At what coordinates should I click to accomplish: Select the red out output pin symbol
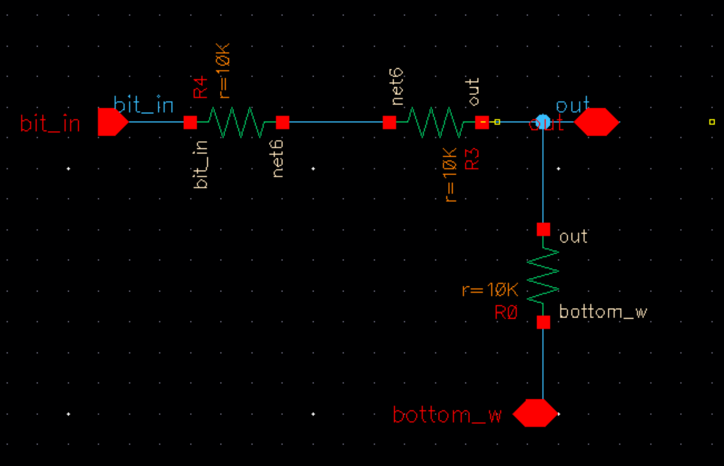tap(596, 122)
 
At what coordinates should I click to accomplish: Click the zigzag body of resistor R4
tap(236, 122)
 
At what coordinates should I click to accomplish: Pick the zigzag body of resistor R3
tap(435, 122)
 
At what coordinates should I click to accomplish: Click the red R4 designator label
tap(200, 88)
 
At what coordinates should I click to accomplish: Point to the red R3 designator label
tap(473, 159)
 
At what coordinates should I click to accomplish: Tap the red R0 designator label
tap(506, 313)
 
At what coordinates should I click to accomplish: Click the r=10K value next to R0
tap(490, 290)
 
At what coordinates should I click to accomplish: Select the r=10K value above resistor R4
tap(224, 71)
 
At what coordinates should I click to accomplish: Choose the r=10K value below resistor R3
tap(451, 175)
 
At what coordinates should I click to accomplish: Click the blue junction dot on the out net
tap(543, 121)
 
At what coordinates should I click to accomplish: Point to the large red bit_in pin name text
tap(50, 124)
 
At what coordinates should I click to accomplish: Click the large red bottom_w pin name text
tap(447, 415)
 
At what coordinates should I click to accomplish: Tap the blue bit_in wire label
tap(143, 105)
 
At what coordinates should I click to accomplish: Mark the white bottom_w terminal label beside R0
tap(603, 312)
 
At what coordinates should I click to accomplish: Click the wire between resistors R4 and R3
tap(336, 122)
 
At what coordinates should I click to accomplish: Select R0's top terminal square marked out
tap(543, 230)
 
